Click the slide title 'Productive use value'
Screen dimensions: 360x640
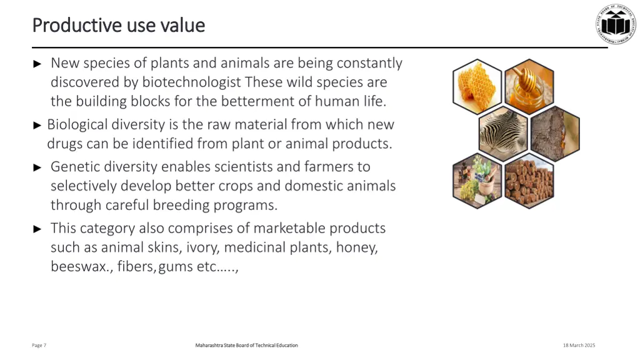(118, 25)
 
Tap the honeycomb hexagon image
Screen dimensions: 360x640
(477, 86)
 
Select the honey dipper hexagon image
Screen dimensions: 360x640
(529, 86)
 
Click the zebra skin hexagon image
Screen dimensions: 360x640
(504, 133)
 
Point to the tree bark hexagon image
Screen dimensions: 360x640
(555, 133)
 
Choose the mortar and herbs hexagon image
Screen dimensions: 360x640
(477, 180)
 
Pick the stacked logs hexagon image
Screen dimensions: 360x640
(529, 180)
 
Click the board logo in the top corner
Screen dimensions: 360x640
(615, 24)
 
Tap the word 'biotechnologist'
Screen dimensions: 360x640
(191, 82)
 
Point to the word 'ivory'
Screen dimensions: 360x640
(202, 247)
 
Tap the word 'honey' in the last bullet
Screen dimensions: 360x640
(356, 247)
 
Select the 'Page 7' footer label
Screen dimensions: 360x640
(39, 346)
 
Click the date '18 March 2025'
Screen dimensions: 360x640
(579, 346)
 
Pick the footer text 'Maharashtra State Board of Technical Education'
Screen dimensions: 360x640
(246, 346)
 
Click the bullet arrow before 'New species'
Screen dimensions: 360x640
(37, 64)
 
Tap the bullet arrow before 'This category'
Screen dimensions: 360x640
(37, 229)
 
